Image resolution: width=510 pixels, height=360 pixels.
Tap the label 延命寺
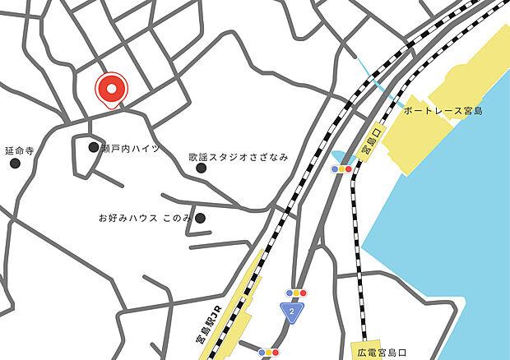tap(19, 151)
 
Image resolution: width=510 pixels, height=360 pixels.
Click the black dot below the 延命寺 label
tap(15, 164)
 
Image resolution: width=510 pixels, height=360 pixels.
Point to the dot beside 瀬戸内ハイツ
tap(94, 147)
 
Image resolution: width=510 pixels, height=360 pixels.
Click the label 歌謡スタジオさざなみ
tap(238, 156)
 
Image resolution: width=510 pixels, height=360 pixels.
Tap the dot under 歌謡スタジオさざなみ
tap(202, 168)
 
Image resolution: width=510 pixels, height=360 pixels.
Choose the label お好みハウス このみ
tap(145, 218)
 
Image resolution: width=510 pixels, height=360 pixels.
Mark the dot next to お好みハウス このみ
tap(200, 218)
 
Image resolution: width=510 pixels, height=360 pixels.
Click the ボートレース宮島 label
tap(443, 109)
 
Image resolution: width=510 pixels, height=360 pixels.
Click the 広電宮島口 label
tap(382, 353)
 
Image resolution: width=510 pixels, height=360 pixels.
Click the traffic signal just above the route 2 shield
tap(296, 293)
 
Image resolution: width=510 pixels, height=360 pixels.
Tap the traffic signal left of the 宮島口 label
tap(341, 168)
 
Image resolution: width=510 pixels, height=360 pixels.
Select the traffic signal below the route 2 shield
tap(269, 352)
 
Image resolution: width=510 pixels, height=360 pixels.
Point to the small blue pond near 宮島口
tap(338, 156)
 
